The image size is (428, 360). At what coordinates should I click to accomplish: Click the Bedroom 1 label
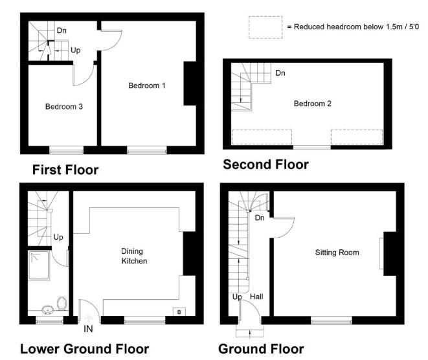(x=147, y=85)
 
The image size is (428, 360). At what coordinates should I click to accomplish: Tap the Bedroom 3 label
(x=63, y=106)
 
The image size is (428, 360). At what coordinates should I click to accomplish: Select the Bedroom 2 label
(x=313, y=104)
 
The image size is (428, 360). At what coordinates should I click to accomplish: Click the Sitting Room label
(x=337, y=252)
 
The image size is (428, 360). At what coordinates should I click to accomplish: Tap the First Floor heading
(x=65, y=170)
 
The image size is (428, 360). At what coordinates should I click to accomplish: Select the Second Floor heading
(x=265, y=165)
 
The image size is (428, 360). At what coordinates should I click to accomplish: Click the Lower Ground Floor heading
(x=85, y=349)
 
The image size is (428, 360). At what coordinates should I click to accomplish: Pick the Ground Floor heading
(x=261, y=349)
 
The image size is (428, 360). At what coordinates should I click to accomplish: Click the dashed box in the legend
(x=265, y=27)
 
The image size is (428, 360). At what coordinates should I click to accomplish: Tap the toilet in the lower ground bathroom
(x=62, y=302)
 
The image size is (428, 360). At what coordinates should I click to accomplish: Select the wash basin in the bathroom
(x=47, y=309)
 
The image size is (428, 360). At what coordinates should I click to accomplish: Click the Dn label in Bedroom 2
(x=280, y=73)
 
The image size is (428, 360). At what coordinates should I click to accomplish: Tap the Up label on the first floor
(x=76, y=49)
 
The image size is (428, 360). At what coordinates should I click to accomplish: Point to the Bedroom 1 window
(x=146, y=150)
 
